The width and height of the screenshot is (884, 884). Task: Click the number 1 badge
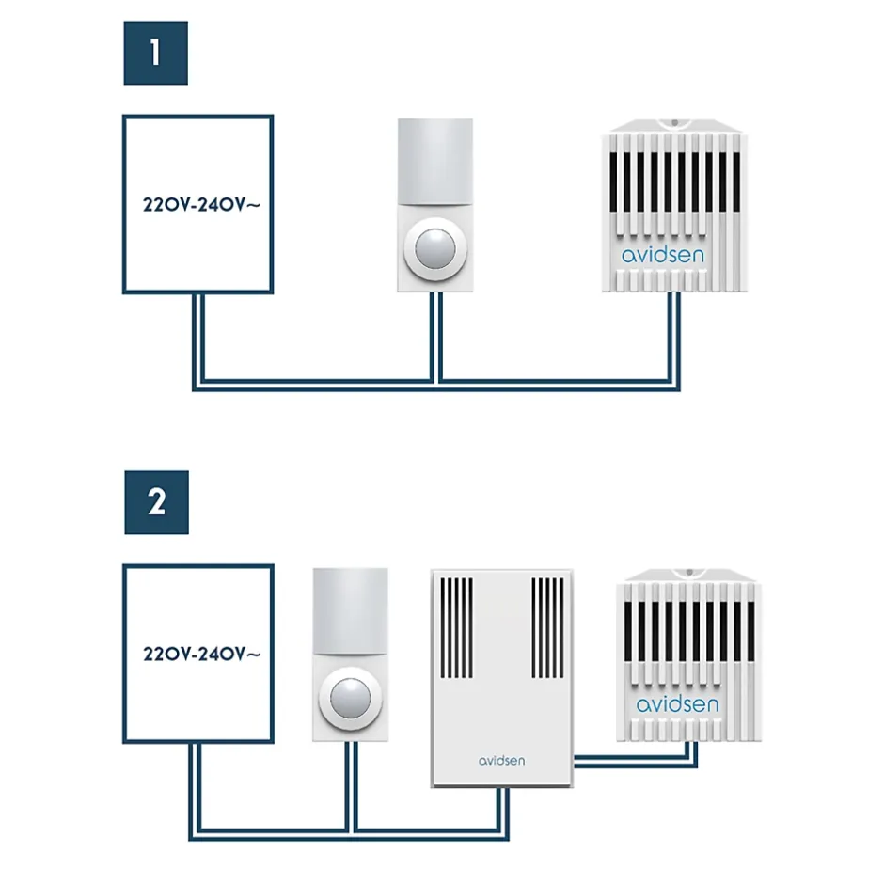pyautogui.click(x=156, y=53)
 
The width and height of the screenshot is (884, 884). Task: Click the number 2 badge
pyautogui.click(x=156, y=502)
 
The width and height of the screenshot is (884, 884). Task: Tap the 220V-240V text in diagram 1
pyautogui.click(x=198, y=204)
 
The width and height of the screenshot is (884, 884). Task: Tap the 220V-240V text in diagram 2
pyautogui.click(x=198, y=654)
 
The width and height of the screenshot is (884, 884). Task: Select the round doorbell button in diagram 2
pyautogui.click(x=351, y=699)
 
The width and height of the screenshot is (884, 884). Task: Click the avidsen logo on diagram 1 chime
pyautogui.click(x=663, y=255)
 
